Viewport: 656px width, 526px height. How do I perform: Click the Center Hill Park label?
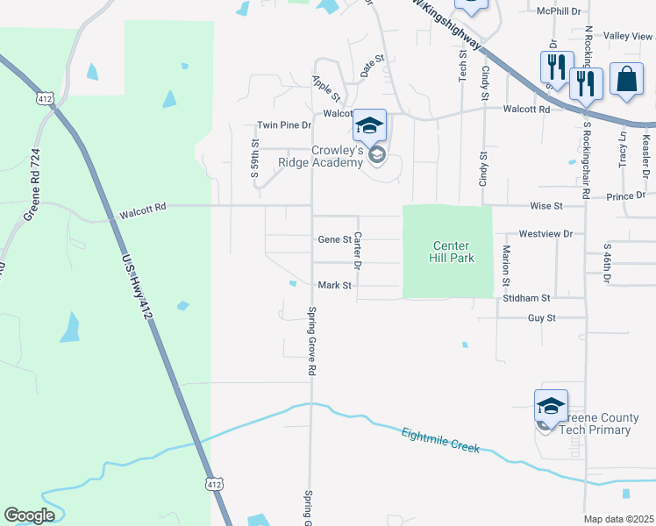coord(449,252)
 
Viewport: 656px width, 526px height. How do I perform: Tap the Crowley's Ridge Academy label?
coord(320,156)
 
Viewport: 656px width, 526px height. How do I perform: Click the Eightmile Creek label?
coord(441,440)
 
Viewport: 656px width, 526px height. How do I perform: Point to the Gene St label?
coord(334,239)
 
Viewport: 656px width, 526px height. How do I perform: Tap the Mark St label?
coord(334,285)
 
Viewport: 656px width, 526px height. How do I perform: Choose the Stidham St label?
coord(526,299)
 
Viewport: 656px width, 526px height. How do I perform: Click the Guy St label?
coord(541,318)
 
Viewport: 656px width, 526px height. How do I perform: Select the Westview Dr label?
coord(545,234)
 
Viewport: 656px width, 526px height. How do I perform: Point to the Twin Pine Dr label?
coord(284,125)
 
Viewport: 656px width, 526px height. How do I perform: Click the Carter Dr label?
coord(358,251)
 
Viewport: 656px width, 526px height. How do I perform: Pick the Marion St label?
coord(506,266)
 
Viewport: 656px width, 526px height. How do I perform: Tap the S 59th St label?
coord(255,157)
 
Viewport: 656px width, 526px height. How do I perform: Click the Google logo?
coord(29,515)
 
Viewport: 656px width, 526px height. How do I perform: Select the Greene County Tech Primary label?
coord(591,423)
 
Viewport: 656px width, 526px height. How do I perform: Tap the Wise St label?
coord(545,206)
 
